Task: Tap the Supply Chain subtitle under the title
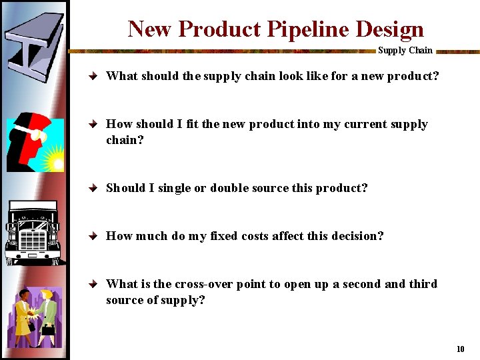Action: (405, 50)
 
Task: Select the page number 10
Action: (460, 349)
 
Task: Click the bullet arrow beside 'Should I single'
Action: (95, 189)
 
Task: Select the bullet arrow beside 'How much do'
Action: (95, 237)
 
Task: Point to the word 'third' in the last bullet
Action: (423, 284)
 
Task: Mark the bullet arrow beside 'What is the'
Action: (95, 285)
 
